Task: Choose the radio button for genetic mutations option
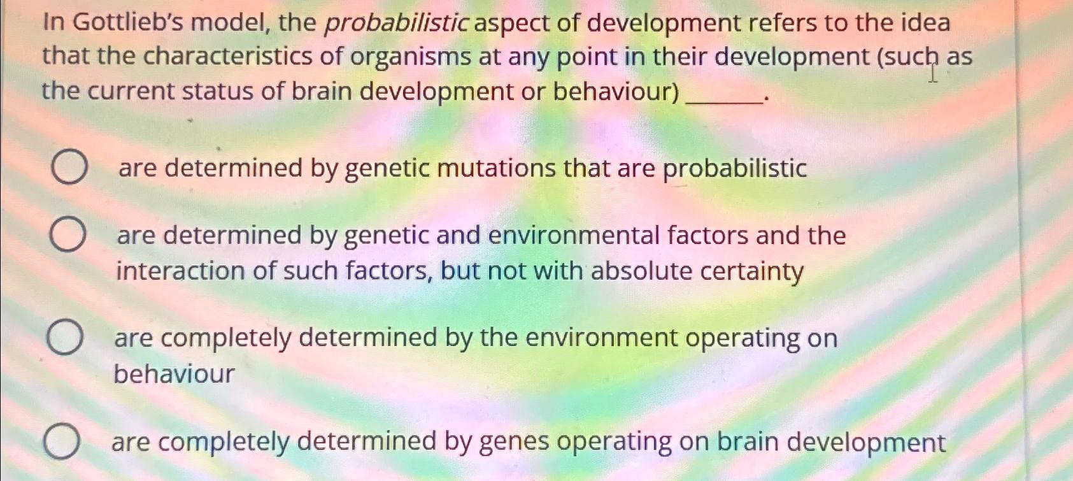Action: (x=69, y=168)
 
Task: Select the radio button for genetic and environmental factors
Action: (x=68, y=234)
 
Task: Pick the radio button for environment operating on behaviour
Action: (x=64, y=338)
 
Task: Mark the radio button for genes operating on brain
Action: (x=62, y=442)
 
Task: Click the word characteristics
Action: (x=228, y=57)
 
